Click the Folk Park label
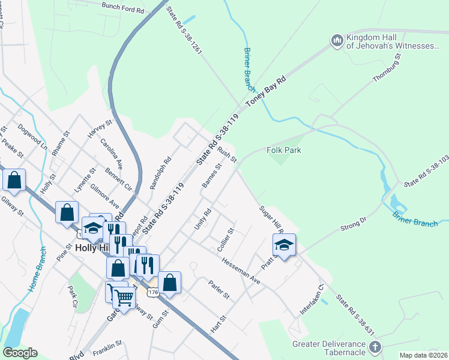coord(283,151)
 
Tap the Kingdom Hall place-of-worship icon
coord(336,41)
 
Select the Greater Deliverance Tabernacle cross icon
coord(375,347)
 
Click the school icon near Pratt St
coord(284,244)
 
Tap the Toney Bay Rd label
coord(265,95)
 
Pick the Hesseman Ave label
coord(240,271)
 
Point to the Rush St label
coord(228,155)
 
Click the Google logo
coord(20,353)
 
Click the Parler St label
coord(218,290)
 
